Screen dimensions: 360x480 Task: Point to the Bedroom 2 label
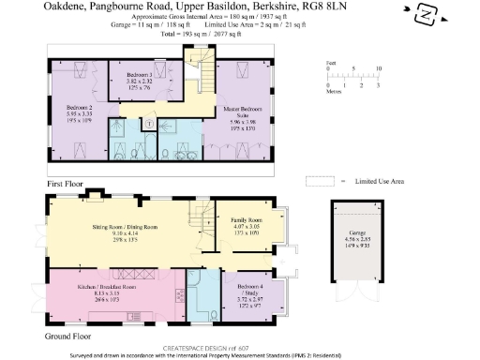coord(67,108)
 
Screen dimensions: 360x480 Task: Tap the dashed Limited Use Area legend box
coord(320,181)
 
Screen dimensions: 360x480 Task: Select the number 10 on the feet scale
coord(378,69)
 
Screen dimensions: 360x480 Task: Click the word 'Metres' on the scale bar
coord(333,93)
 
